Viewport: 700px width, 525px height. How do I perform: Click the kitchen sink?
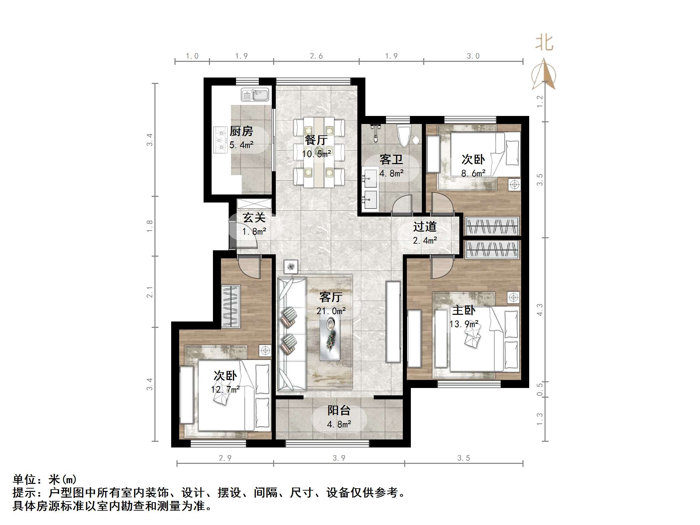255,95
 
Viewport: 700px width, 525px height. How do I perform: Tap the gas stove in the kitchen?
220,139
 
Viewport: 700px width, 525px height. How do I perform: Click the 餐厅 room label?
316,140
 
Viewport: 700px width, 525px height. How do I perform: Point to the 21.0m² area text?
331,311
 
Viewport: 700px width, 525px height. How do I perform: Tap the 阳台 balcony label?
339,410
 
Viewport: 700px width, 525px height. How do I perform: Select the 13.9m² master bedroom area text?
464,324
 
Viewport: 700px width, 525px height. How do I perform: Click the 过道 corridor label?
425,227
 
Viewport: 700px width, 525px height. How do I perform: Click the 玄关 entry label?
254,218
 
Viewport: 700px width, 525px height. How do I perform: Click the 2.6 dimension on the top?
316,56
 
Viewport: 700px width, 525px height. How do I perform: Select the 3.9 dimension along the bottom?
339,458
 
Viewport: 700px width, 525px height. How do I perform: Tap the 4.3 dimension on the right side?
540,310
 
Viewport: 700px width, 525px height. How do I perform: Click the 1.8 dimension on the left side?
149,226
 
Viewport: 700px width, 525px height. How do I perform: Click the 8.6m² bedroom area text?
473,173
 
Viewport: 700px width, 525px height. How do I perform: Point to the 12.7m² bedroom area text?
225,390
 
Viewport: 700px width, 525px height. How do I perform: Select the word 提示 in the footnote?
24,493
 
